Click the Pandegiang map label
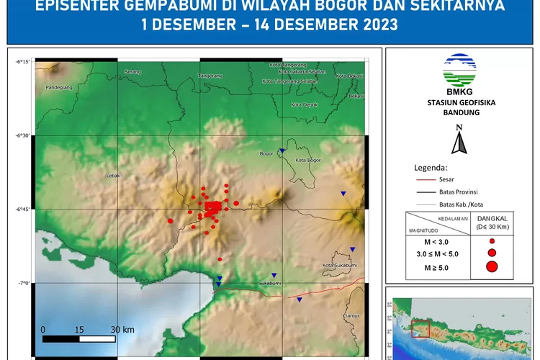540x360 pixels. coord(60,87)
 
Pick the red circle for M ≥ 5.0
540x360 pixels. coord(492,267)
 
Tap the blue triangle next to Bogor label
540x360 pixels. coord(283,150)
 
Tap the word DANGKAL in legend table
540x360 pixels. coord(492,218)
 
